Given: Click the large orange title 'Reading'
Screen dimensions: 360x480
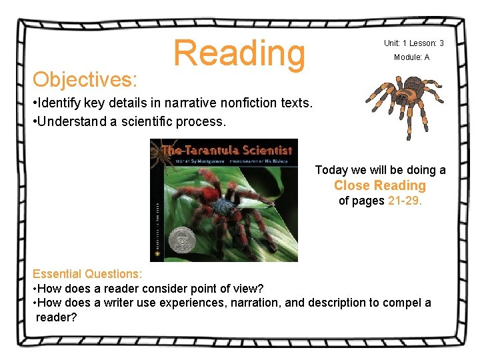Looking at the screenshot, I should tap(239, 54).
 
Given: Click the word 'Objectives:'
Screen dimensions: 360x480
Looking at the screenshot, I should tap(85, 80).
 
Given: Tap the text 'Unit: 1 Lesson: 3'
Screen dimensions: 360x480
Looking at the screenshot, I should tap(413, 43).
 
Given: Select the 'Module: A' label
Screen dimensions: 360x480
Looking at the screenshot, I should tap(411, 57).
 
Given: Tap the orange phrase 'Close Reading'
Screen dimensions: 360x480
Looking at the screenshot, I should tap(379, 185).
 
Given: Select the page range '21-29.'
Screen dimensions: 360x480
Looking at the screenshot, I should tap(405, 201).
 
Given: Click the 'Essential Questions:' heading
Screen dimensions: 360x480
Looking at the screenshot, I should tap(87, 274).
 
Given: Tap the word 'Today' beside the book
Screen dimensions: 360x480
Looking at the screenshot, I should tap(331, 170).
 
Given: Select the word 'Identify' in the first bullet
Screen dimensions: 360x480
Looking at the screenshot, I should tap(59, 103).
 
